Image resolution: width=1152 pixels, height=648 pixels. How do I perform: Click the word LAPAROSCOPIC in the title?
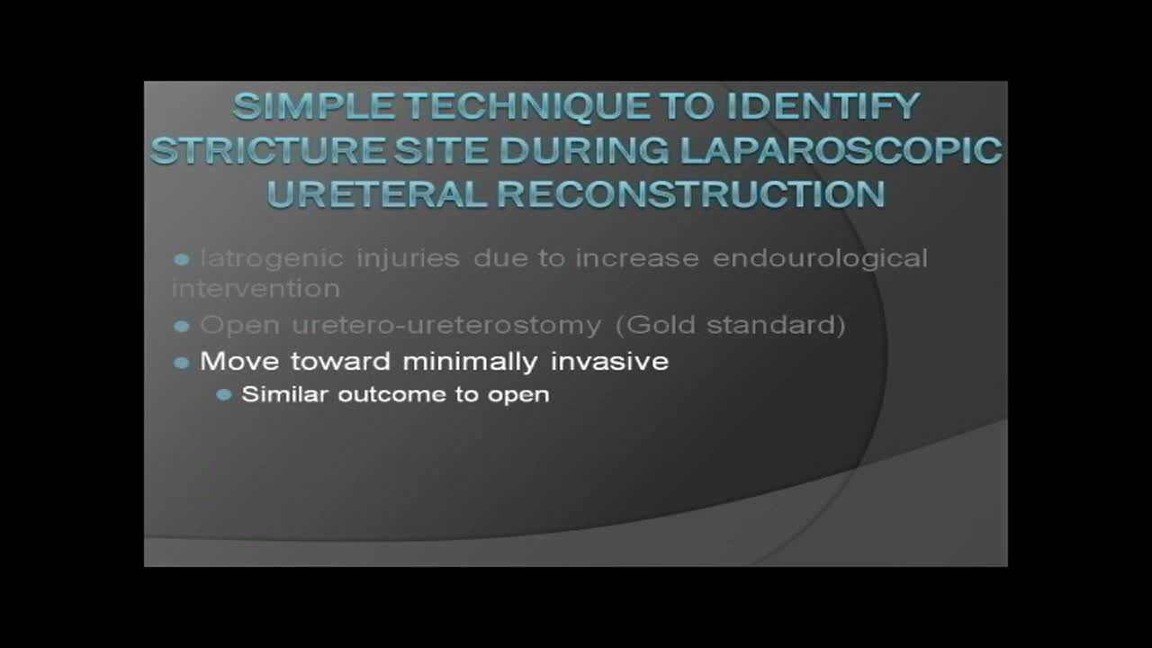[x=839, y=150]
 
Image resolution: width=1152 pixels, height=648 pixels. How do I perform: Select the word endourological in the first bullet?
[x=820, y=259]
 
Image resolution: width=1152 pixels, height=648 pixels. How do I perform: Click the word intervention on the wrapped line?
[x=256, y=289]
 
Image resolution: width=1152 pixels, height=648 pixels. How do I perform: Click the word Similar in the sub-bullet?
[x=285, y=395]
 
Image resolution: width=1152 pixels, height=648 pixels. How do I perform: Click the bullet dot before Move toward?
[x=182, y=363]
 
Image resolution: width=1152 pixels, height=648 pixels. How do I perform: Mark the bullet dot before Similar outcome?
[x=224, y=395]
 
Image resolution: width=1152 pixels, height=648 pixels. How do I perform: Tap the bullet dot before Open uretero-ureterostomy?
[x=182, y=326]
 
